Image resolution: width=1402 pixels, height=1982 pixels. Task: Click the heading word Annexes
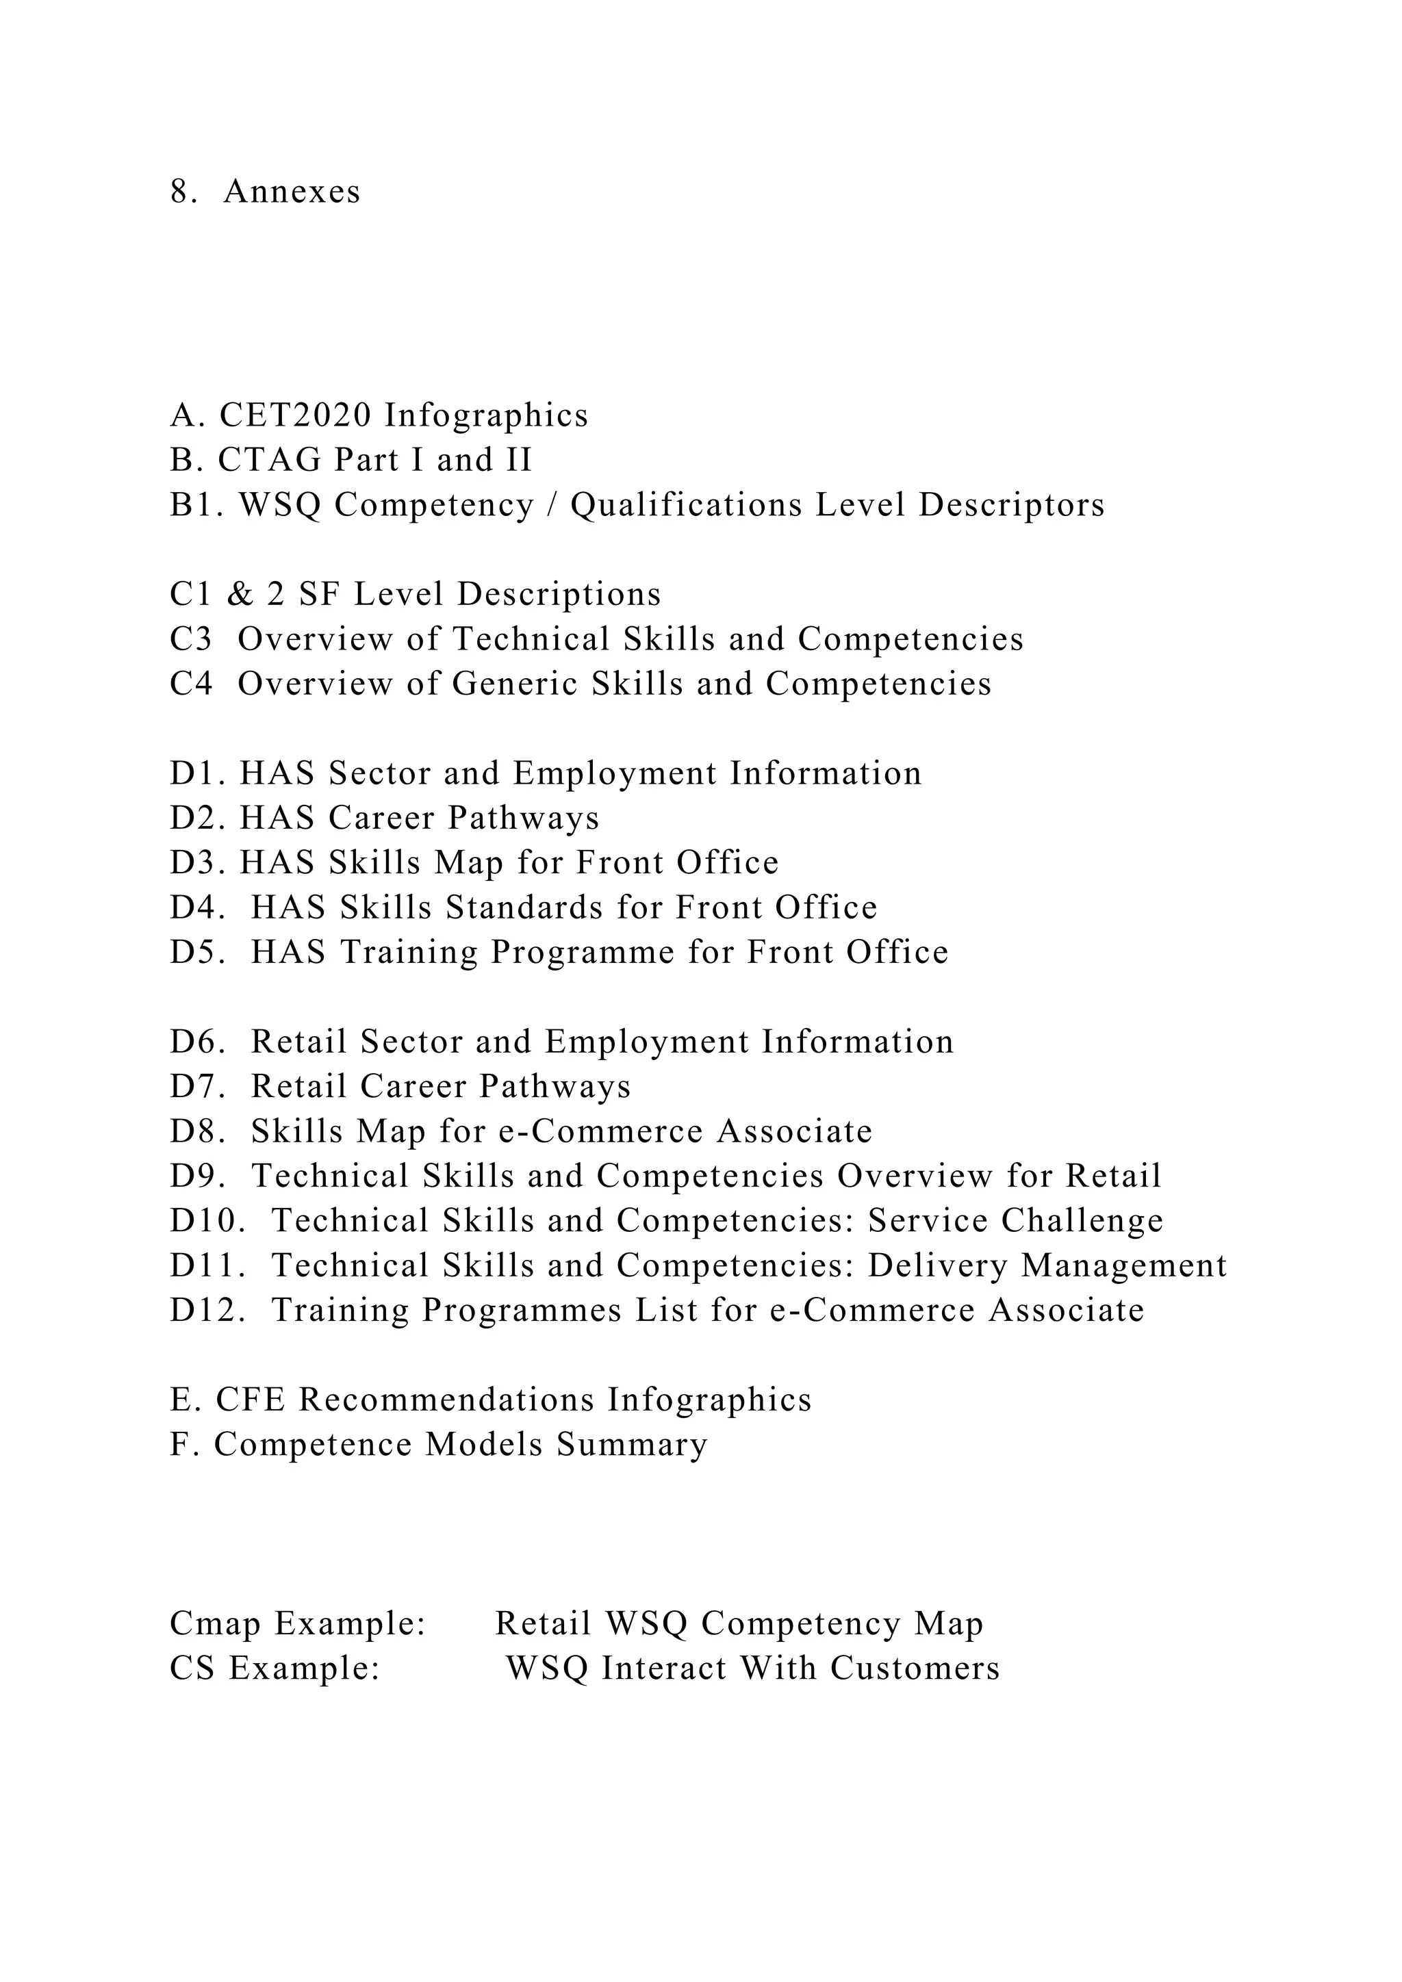click(292, 192)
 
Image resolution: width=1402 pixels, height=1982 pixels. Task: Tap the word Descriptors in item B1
click(1012, 505)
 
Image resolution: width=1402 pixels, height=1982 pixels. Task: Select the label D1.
click(197, 773)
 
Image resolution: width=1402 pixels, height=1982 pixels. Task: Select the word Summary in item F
click(631, 1445)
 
